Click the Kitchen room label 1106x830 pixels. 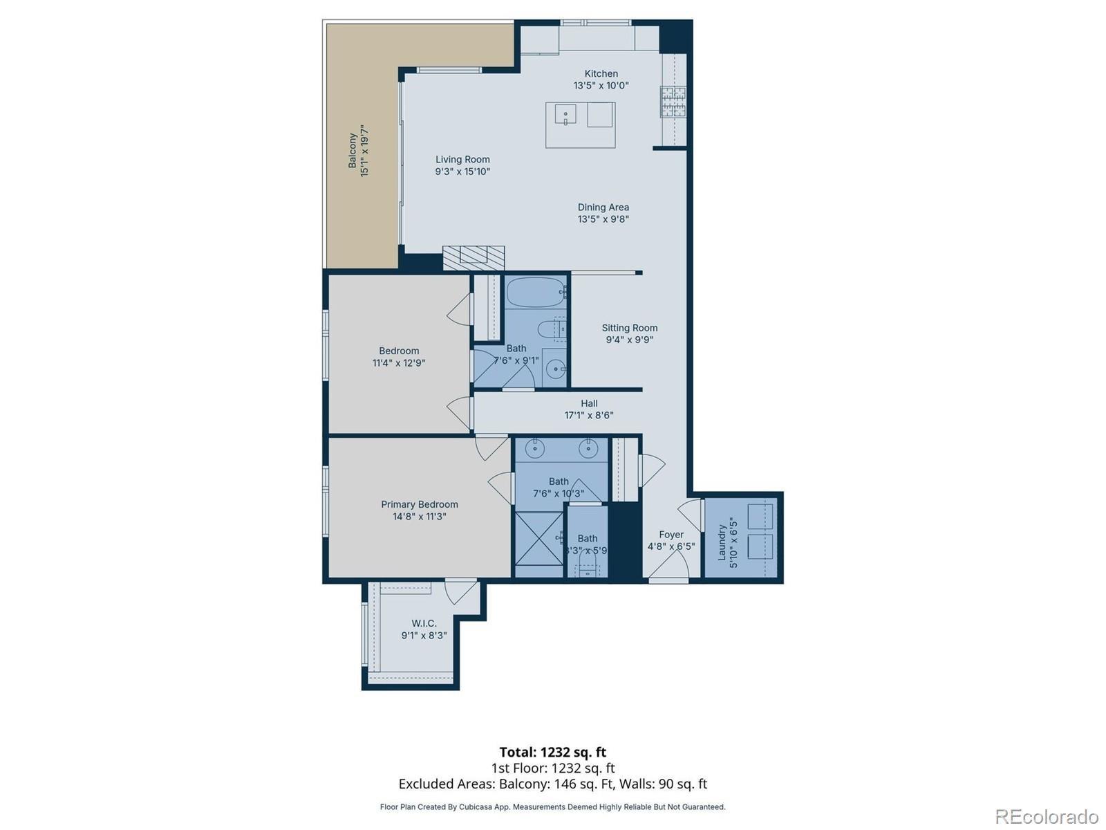pos(601,73)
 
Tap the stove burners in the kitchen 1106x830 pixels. pos(673,102)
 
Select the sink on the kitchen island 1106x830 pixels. pos(565,114)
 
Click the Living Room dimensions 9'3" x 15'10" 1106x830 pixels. pos(462,172)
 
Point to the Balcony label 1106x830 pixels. pos(353,151)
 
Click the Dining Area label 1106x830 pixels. pos(603,207)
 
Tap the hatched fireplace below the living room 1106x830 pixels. pos(474,257)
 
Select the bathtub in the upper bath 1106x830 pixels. pos(536,293)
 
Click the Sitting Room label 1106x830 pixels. pos(629,328)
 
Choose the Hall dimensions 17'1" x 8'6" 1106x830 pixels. pos(589,416)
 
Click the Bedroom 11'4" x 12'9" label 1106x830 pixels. pos(399,351)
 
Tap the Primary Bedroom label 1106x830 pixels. pos(420,504)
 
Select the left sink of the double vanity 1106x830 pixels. pos(535,449)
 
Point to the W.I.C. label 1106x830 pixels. pos(424,623)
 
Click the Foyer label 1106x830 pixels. pos(671,535)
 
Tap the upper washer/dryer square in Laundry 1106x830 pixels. pos(760,516)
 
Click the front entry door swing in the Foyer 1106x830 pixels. pos(667,563)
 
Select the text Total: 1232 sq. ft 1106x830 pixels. pos(552,752)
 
